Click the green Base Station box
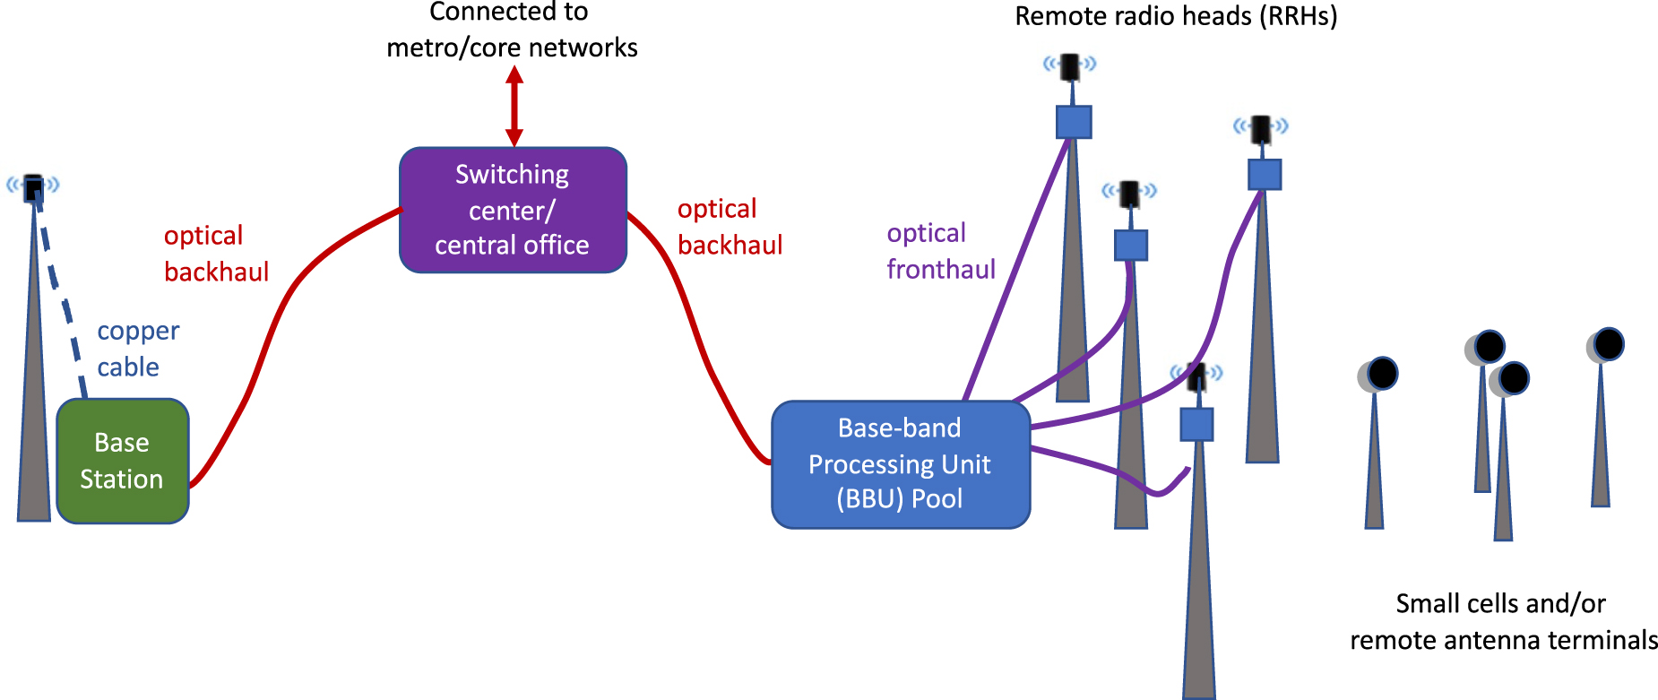point(123,461)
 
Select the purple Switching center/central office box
point(513,210)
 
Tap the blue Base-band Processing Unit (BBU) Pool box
point(900,463)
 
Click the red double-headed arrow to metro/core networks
point(514,106)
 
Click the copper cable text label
point(138,349)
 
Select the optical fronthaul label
point(940,251)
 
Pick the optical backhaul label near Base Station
point(216,254)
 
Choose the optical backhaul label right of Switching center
point(730,227)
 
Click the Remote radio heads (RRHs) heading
point(1175,16)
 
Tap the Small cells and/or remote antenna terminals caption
point(1503,621)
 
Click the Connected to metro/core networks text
point(512,30)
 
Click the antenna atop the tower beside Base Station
point(33,187)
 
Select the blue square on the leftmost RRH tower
point(1073,122)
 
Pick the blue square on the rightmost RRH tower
point(1264,174)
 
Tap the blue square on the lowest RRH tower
point(1196,424)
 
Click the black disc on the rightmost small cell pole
point(1608,344)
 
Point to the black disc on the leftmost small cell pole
point(1382,373)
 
